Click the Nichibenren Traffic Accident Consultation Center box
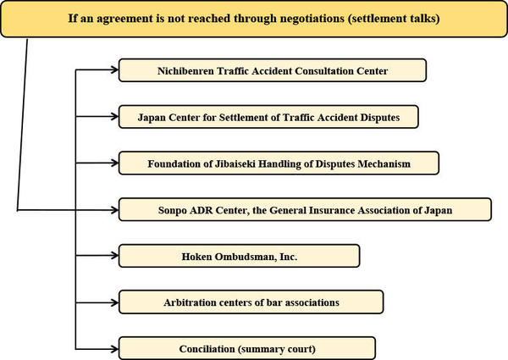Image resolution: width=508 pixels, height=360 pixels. coord(273,70)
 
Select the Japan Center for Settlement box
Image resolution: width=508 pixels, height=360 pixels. coord(268,117)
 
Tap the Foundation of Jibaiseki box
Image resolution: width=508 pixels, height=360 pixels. coord(279,163)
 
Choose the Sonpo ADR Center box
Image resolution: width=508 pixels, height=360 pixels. coord(305,210)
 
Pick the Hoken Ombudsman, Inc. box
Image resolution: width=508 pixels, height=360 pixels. coord(239,256)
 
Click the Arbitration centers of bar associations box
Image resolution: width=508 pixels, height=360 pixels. coord(251,302)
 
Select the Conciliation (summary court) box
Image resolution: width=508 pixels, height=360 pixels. coord(247,349)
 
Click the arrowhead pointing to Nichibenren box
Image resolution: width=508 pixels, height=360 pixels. coord(114,69)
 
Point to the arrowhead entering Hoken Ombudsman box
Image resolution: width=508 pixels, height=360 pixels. coord(114,255)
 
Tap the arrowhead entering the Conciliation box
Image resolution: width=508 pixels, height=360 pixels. coord(114,349)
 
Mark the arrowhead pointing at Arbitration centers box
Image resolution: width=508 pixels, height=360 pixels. coord(114,302)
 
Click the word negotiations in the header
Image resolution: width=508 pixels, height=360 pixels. coord(312,19)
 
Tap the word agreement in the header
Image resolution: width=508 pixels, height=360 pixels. coord(124,19)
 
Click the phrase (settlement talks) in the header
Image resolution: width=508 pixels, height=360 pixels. coord(394,19)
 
